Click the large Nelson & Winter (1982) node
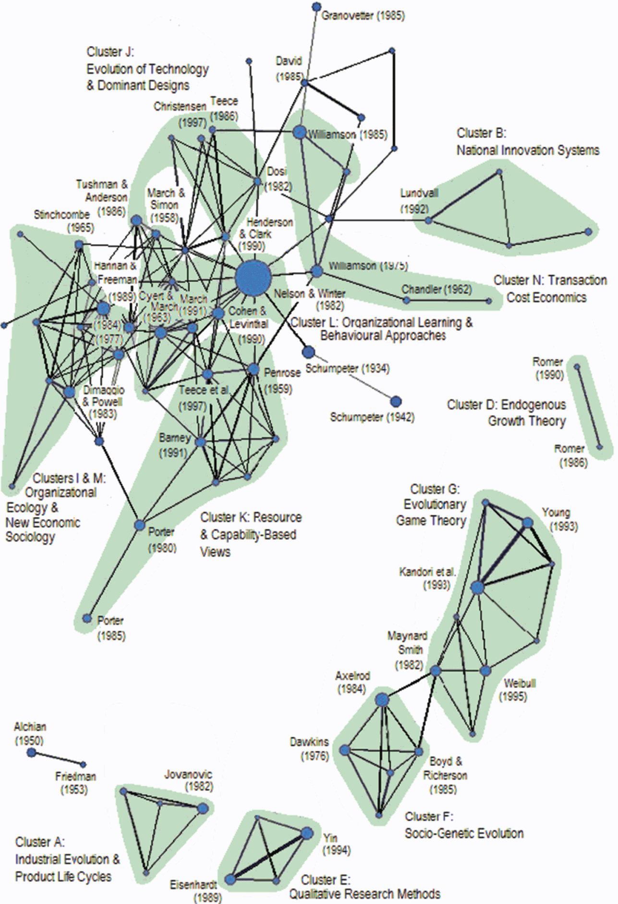click(253, 278)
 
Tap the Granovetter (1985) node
click(316, 7)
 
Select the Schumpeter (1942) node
click(395, 401)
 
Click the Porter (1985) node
click(87, 618)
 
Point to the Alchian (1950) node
click(31, 753)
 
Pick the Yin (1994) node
click(307, 833)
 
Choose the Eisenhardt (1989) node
click(230, 880)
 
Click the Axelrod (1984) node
click(382, 699)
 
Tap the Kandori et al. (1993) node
click(476, 587)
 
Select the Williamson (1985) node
click(299, 132)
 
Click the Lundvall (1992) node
click(428, 220)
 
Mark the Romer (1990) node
click(577, 366)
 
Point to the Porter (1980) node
click(139, 525)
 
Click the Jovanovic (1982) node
click(203, 808)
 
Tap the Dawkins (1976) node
click(344, 750)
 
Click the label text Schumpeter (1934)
click(347, 369)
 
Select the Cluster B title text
click(481, 133)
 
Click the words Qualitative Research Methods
click(364, 894)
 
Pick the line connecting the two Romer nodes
click(588, 407)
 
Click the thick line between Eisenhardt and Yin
click(268, 856)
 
